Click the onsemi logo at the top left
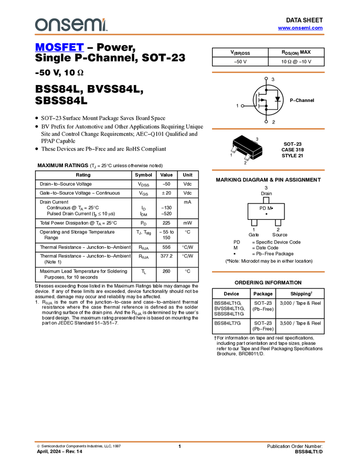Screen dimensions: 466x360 (x=70, y=25)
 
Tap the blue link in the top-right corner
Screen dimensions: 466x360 (x=300, y=28)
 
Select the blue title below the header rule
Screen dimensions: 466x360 (x=59, y=48)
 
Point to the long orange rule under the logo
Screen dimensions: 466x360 (x=180, y=35)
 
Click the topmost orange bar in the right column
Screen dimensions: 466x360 (x=268, y=72)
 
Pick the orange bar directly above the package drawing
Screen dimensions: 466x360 (x=268, y=129)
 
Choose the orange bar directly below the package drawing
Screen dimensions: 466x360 (x=268, y=170)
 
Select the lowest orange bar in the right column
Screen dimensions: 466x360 (x=268, y=272)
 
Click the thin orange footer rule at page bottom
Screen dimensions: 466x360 (x=180, y=441)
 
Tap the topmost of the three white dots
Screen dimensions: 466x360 (x=266, y=78)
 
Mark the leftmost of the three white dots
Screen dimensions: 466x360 (x=242, y=105)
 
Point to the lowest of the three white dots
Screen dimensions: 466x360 (x=266, y=122)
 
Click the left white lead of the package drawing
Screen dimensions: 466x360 (x=234, y=149)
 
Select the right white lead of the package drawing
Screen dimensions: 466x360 (x=248, y=157)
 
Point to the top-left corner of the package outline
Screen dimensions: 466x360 (x=232, y=140)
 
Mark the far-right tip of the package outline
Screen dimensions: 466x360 (x=263, y=147)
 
